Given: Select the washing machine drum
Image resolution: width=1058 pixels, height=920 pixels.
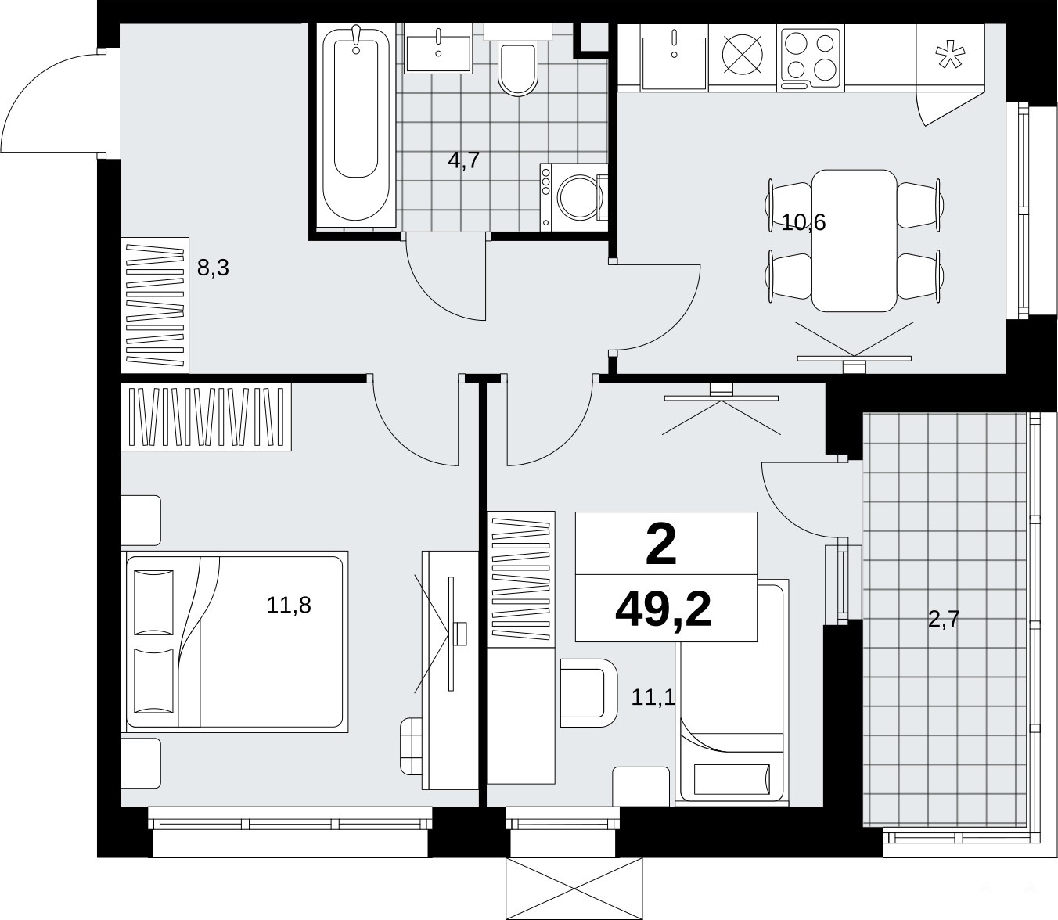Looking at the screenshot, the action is click(x=578, y=197).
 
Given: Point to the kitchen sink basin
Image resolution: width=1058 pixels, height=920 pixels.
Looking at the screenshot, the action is click(x=673, y=62).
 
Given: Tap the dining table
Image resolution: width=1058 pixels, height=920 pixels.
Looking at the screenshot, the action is click(x=854, y=240).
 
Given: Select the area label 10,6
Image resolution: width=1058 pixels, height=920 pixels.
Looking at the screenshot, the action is click(x=803, y=223).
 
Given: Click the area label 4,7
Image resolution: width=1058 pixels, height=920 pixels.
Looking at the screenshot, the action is click(x=464, y=160).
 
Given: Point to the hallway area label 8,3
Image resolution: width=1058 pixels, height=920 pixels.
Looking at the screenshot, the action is click(x=213, y=268).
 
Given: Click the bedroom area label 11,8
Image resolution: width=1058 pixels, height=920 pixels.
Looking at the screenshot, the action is click(x=289, y=605).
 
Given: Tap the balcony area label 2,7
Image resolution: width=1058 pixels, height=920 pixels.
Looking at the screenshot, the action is click(x=944, y=619).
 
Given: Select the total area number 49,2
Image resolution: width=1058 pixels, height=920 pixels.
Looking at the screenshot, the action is click(x=663, y=610).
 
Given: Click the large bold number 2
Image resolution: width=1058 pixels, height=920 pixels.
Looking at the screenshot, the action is click(x=661, y=544).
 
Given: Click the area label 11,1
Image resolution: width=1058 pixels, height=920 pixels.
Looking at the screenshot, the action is click(x=653, y=698).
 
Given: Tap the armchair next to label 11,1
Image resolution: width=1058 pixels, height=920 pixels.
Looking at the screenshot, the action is click(x=588, y=693).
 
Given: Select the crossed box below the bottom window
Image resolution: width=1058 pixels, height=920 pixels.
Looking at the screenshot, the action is click(x=574, y=889).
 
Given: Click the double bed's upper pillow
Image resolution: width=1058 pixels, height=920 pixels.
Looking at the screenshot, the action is click(x=153, y=602).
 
